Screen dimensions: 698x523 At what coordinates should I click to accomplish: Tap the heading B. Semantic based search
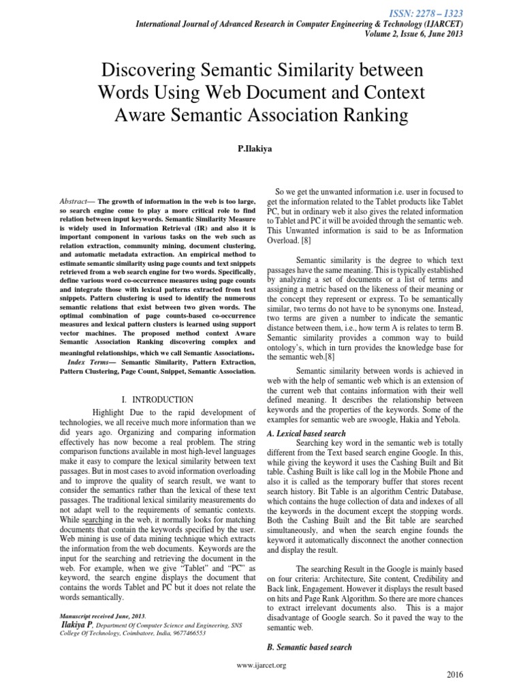309,647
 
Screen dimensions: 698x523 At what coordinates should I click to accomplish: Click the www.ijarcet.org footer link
261,665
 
